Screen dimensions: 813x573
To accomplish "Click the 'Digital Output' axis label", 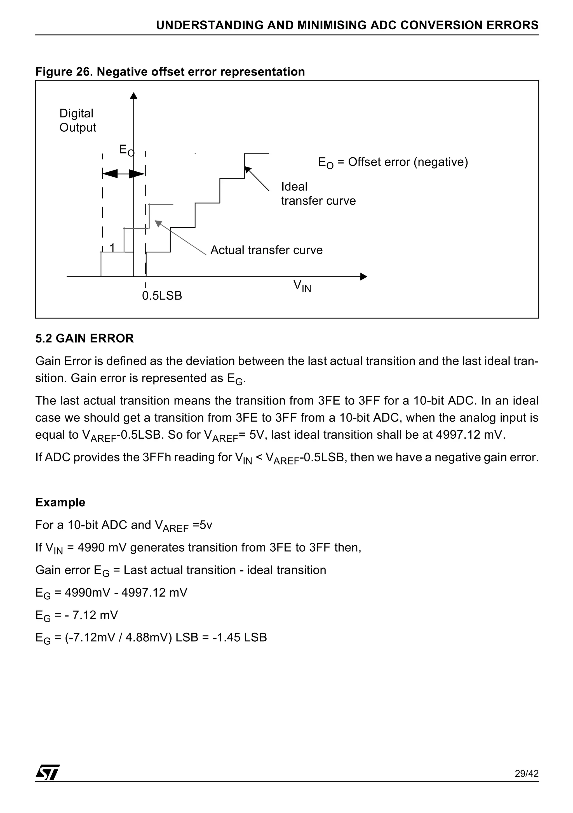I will point(78,120).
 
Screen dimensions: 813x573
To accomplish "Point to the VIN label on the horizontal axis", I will point(302,286).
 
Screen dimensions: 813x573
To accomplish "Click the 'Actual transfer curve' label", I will point(266,250).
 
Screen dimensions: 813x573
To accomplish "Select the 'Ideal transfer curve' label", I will point(318,194).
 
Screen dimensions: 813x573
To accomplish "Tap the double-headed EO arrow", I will point(123,174).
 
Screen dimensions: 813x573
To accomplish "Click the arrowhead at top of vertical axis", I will point(133,96).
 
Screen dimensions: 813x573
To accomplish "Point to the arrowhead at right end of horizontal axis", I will point(363,276).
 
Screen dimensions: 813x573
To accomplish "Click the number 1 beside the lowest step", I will point(112,247).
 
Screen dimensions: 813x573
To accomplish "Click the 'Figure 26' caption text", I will point(170,72).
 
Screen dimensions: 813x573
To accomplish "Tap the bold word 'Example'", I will point(60,502).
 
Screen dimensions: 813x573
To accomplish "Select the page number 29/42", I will point(526,783).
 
